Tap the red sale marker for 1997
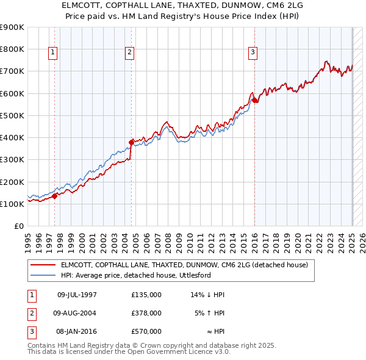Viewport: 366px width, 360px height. click(x=54, y=196)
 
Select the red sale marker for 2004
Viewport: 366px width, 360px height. click(x=131, y=142)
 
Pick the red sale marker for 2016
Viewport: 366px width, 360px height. click(x=254, y=100)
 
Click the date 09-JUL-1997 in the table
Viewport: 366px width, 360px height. click(x=77, y=295)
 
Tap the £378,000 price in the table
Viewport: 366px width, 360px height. click(x=146, y=313)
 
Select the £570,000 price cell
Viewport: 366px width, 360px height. click(x=146, y=331)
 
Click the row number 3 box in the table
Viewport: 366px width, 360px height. click(x=31, y=331)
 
